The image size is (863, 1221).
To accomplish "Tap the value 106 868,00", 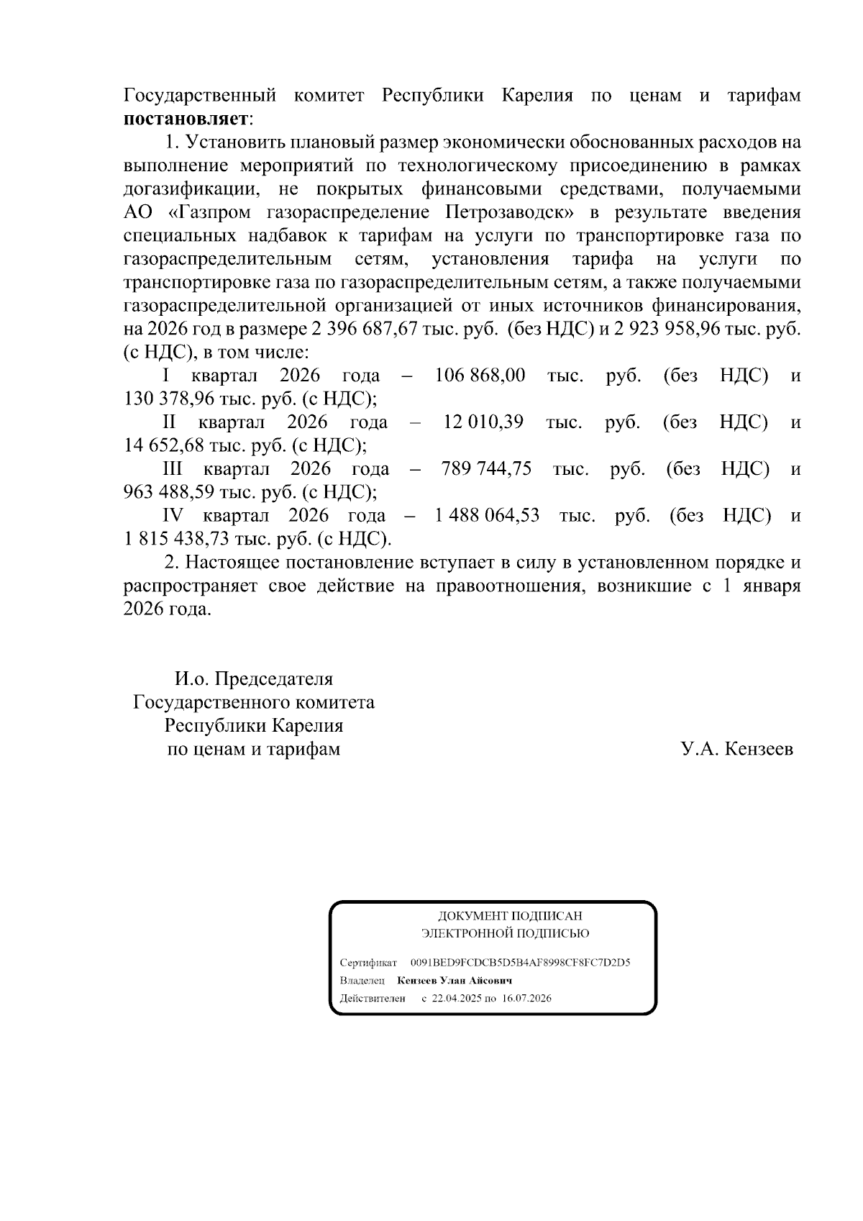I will tap(480, 376).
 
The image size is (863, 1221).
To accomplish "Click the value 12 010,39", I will tap(483, 422).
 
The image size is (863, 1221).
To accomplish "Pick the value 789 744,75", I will tap(486, 469).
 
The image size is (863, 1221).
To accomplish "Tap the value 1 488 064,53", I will tap(487, 516).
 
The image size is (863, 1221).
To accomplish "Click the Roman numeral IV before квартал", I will tap(173, 516).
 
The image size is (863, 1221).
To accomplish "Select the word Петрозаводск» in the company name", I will tap(514, 212).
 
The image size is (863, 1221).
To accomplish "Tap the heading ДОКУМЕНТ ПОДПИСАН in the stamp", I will tap(510, 916).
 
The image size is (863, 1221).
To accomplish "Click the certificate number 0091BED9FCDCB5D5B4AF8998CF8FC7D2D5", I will tap(520, 962).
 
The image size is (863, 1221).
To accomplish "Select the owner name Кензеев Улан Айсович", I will tap(454, 981).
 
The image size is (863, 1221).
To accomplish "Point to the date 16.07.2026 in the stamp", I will tap(526, 999).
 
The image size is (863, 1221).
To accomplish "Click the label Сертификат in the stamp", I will tap(367, 962).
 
